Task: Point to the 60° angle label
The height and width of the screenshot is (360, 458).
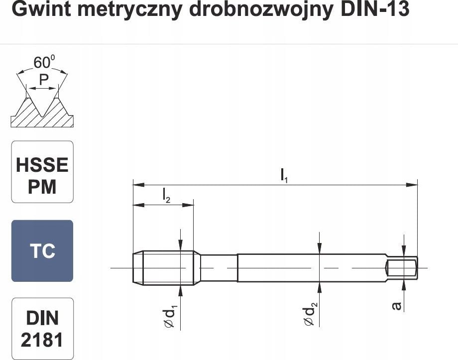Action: point(43,62)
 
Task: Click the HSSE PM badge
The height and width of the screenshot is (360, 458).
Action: point(42,172)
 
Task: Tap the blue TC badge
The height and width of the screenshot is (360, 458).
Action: point(42,251)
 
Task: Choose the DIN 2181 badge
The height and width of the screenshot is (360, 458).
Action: point(42,329)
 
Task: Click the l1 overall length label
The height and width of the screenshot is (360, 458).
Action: point(284,175)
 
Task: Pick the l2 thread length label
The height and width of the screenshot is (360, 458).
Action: point(166,196)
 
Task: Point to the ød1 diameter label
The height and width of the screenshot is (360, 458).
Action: point(169,317)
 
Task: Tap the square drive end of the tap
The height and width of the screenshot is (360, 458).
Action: point(402,267)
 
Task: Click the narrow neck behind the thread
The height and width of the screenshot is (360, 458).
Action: point(219,268)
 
